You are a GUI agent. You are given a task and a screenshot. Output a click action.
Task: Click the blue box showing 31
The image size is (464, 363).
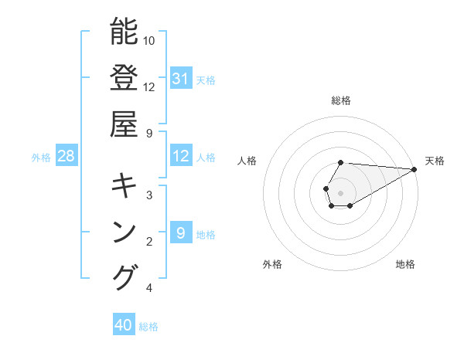[180, 79]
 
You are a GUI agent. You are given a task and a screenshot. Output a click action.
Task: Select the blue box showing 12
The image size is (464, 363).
[180, 157]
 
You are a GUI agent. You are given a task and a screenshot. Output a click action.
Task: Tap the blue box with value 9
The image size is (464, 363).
[180, 233]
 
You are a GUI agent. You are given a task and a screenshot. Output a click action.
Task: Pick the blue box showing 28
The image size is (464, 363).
[67, 157]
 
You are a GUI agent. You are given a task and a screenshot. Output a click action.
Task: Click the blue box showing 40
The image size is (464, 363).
[124, 325]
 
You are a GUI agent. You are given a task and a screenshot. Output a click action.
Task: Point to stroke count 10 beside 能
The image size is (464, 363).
[149, 40]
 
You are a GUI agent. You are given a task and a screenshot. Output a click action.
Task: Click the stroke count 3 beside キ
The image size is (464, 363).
[148, 195]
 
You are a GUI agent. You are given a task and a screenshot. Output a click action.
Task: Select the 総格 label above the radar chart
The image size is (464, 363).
[341, 100]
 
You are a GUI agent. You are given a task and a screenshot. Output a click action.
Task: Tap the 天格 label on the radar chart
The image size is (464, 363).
[435, 161]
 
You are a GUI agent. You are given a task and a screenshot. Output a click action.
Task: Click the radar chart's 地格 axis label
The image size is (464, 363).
[405, 264]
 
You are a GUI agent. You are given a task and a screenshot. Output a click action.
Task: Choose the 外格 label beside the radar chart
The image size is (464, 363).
[272, 264]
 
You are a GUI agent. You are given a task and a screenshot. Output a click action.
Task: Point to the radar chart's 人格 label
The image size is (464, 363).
[247, 161]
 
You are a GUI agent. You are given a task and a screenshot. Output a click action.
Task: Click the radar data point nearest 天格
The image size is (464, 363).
[415, 169]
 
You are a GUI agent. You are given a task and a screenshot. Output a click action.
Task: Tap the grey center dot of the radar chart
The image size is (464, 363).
[341, 192]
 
